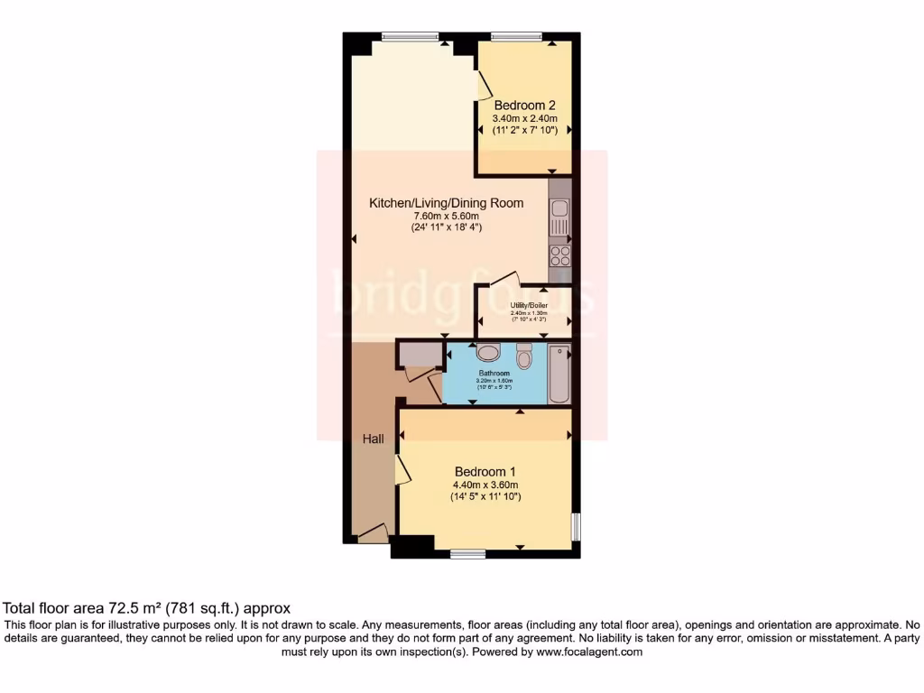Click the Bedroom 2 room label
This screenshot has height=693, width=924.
pos(524,105)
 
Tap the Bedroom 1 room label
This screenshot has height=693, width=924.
pos(485,472)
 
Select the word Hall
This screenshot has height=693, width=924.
pos(374,439)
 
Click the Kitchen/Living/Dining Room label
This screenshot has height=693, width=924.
pos(446,203)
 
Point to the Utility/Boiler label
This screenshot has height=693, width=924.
pos(529,306)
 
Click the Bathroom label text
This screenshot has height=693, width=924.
pos(494,373)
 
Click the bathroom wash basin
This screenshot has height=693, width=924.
pos(487,352)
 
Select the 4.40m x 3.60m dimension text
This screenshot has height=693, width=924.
pos(485,485)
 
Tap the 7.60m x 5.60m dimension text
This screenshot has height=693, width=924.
pos(446,217)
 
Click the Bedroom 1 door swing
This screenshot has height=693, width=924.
pos(402,469)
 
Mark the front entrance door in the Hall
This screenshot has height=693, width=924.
pos(373,534)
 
